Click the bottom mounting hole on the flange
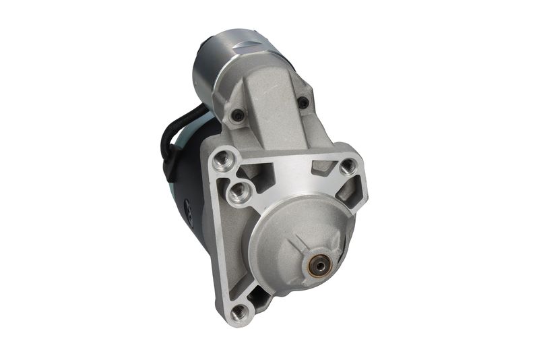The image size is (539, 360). click(x=239, y=312)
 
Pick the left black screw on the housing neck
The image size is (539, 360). click(x=238, y=116)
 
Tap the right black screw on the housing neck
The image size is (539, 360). click(x=303, y=102)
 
